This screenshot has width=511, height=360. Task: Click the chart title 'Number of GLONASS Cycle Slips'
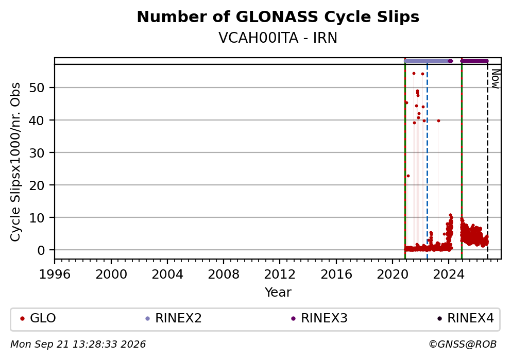coord(278,17)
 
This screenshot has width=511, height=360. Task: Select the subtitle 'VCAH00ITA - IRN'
coord(278,38)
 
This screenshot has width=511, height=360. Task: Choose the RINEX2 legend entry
coord(174,318)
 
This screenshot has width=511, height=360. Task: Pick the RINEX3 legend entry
coord(319,318)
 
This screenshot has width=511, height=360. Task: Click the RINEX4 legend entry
coord(466,318)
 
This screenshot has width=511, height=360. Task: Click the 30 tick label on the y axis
coord(37,152)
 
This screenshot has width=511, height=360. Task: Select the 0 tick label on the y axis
coord(41,250)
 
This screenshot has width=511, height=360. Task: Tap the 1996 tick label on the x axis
coord(55,275)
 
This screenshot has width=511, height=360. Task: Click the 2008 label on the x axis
coord(224,275)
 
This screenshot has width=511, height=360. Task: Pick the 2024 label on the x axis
coord(449,275)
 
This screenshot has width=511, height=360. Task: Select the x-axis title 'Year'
coord(278,292)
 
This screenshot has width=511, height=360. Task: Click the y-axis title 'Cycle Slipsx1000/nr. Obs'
coord(15,162)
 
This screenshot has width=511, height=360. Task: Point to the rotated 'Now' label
coord(495,78)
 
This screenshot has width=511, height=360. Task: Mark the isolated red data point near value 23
coord(408,176)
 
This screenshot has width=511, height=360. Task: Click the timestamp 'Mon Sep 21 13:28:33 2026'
coord(78,345)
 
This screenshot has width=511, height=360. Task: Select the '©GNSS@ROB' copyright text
coord(463,345)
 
